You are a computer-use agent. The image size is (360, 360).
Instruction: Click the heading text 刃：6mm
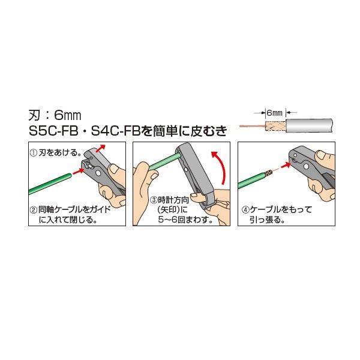coord(55,115)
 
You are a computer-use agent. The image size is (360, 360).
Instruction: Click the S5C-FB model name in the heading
coord(53,131)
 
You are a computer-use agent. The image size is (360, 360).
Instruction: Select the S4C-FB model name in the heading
coord(115,131)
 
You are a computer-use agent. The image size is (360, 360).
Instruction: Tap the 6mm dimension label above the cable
coord(274,113)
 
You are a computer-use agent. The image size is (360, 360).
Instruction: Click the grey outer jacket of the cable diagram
coord(309,125)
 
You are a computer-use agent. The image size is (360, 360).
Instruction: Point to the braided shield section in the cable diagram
coord(275,126)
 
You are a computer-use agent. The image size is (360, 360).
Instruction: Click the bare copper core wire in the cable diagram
coord(253,126)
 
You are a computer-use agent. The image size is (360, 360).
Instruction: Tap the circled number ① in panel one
coord(34,153)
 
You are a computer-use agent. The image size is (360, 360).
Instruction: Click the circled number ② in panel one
coord(34,210)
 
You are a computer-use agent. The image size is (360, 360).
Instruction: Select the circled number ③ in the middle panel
coord(154,200)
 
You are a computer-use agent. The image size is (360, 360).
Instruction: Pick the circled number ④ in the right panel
coord(245,210)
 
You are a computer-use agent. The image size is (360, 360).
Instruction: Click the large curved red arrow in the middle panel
coord(221,166)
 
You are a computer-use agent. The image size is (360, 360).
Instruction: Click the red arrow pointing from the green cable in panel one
coord(78,172)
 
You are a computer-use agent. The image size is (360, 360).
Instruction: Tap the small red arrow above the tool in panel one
coord(100,148)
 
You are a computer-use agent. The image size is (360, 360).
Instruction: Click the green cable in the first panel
coord(50,184)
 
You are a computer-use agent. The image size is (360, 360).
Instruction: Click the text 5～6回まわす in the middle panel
coord(185,220)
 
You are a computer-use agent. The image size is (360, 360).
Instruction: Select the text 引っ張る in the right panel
coord(267,220)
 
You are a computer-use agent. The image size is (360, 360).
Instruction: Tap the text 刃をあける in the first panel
coord(60,153)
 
